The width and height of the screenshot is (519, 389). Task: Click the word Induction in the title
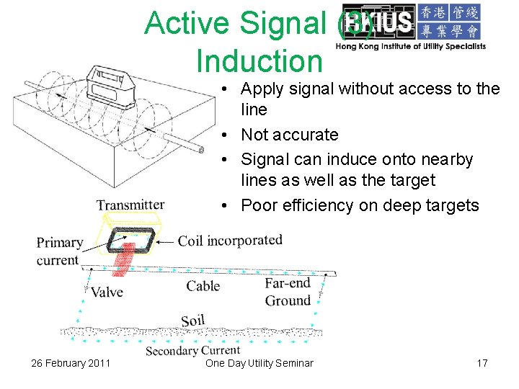pyautogui.click(x=259, y=61)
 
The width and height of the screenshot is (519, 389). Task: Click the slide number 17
pyautogui.click(x=482, y=363)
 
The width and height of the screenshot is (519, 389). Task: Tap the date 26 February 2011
pyautogui.click(x=71, y=363)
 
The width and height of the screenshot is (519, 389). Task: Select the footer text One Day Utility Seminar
pyautogui.click(x=259, y=363)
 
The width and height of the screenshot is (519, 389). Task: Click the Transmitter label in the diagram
pyautogui.click(x=130, y=205)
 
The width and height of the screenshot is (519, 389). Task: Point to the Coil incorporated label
pyautogui.click(x=230, y=240)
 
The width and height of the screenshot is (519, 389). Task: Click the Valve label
pyautogui.click(x=107, y=292)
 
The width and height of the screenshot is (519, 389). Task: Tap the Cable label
pyautogui.click(x=203, y=286)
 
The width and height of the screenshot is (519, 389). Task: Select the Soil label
pyautogui.click(x=193, y=321)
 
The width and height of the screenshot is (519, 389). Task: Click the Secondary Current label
pyautogui.click(x=192, y=351)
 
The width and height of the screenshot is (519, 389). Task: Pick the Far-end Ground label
pyautogui.click(x=288, y=292)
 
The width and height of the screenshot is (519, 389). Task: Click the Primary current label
pyautogui.click(x=59, y=251)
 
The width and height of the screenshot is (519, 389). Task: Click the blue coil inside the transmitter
pyautogui.click(x=130, y=239)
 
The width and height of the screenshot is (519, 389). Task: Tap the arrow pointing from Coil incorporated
pyautogui.click(x=165, y=241)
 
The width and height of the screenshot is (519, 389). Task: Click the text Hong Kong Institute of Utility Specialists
pyautogui.click(x=410, y=46)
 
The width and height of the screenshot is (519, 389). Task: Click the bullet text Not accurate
pyautogui.click(x=289, y=135)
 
